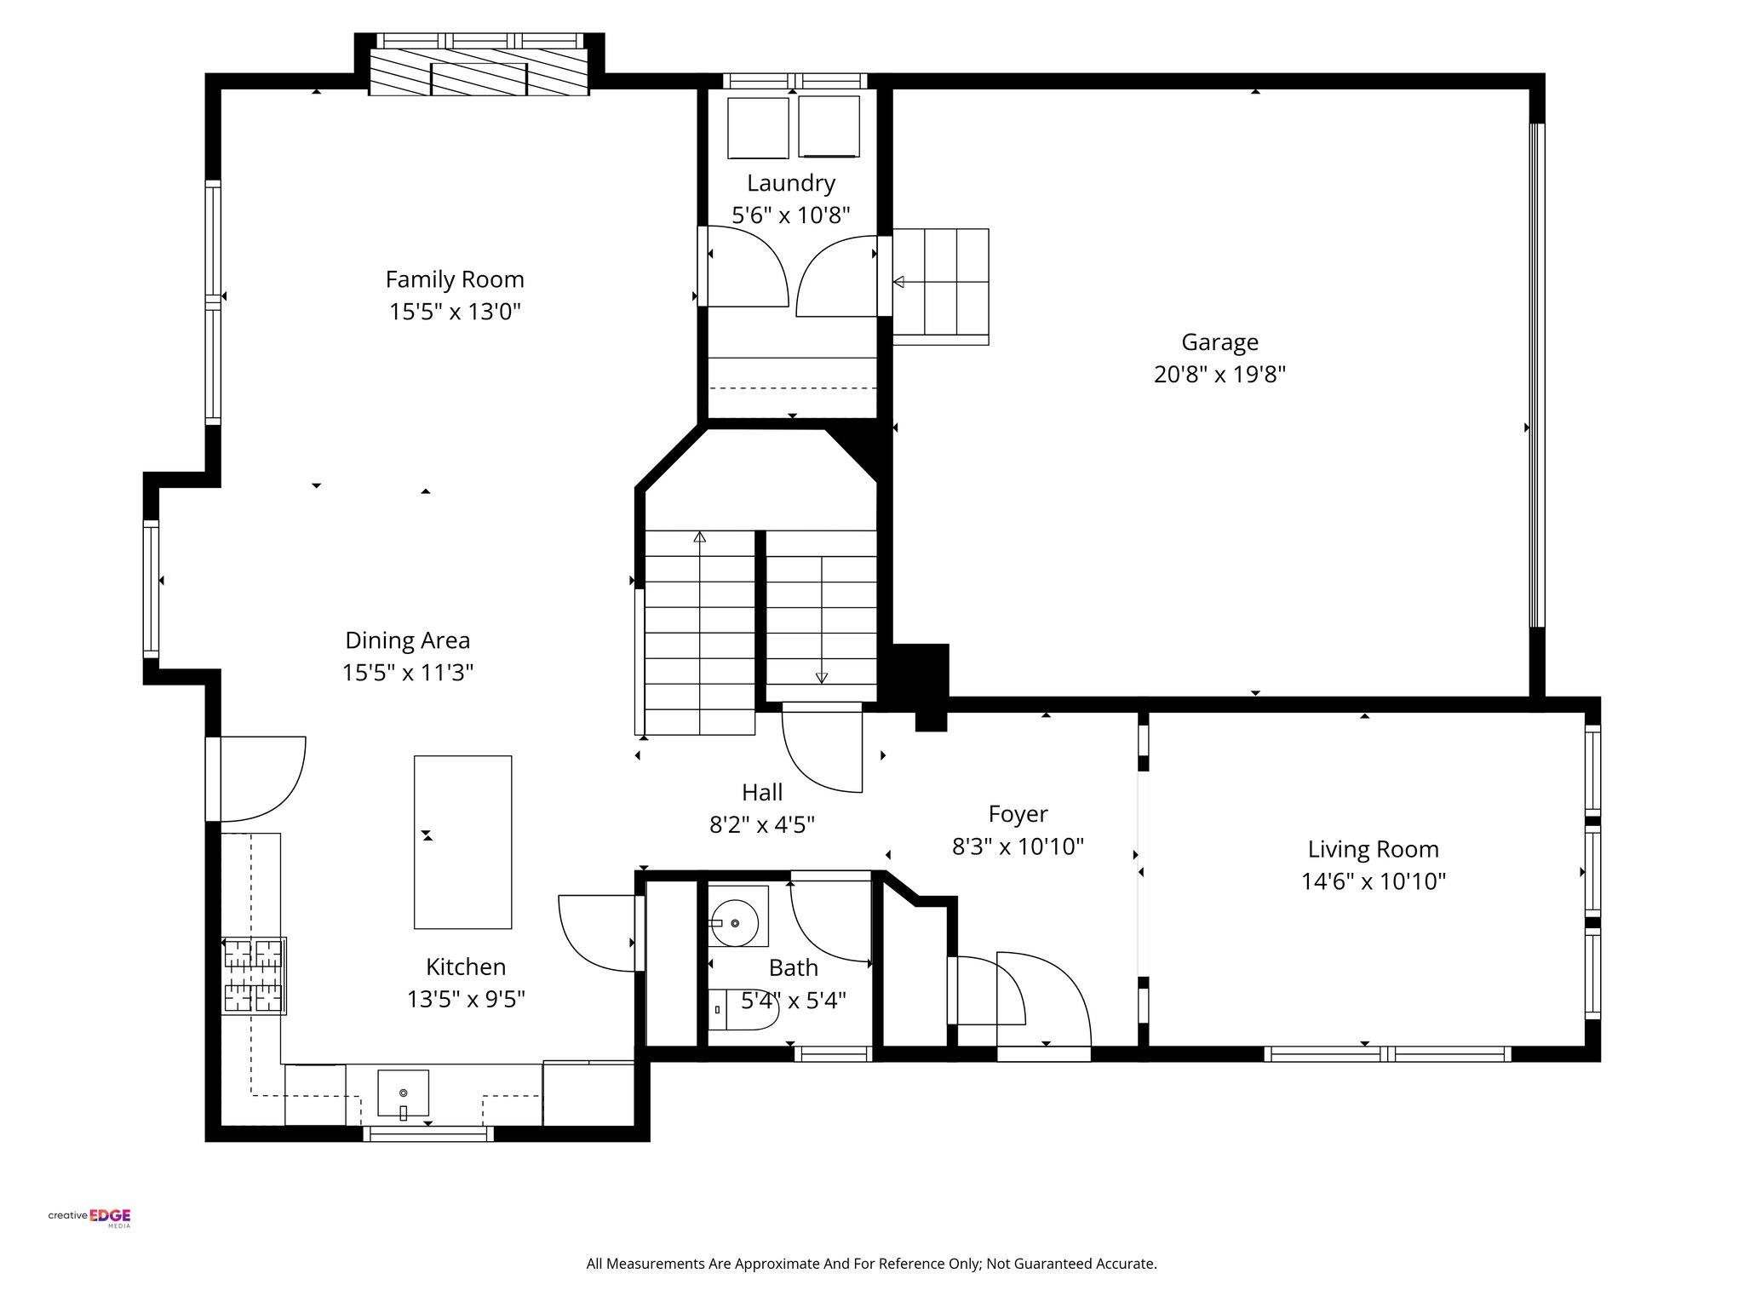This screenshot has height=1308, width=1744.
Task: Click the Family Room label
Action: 455,279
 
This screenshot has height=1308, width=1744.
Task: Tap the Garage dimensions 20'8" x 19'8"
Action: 1219,375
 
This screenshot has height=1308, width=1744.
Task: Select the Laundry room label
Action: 791,183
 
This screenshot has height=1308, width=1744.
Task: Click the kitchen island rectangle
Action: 462,841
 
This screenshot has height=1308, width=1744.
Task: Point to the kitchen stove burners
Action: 253,976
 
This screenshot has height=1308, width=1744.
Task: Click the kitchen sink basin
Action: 403,1093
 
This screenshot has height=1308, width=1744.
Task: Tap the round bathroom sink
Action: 735,922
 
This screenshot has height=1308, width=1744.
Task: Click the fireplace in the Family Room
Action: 479,78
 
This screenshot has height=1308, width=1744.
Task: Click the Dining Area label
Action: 407,640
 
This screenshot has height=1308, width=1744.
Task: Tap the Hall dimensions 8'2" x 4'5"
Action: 762,824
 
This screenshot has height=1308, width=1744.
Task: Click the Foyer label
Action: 1018,814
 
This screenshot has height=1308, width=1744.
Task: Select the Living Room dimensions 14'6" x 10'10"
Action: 1373,881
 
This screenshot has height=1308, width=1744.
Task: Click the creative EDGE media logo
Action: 89,1218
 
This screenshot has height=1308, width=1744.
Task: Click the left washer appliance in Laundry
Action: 758,128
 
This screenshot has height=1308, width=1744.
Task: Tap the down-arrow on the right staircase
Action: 821,678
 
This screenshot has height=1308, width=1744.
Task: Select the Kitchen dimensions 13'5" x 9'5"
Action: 466,999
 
